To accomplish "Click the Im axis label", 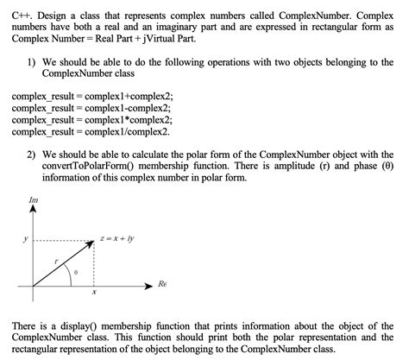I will click(x=33, y=199).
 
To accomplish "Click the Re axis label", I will click(x=160, y=282).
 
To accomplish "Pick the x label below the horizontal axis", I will click(x=93, y=293).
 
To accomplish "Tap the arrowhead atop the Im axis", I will click(x=33, y=210).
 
